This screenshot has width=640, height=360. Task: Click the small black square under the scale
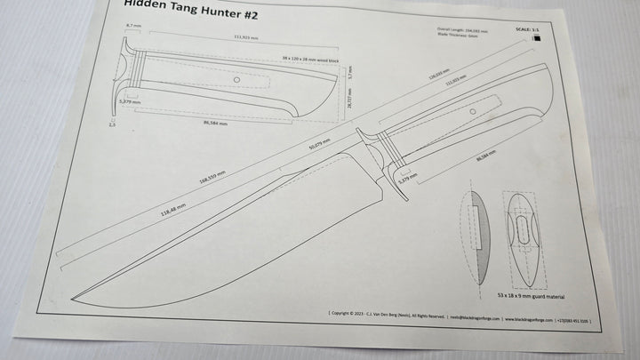click(536, 37)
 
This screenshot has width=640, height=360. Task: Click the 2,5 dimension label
click(113, 125)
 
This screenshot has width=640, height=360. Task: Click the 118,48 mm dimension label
click(172, 209)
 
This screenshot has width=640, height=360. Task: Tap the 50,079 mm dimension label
click(319, 144)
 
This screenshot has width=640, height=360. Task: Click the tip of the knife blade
click(70, 298)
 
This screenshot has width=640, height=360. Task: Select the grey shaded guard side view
click(477, 236)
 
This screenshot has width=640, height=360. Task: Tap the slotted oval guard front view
click(522, 237)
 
